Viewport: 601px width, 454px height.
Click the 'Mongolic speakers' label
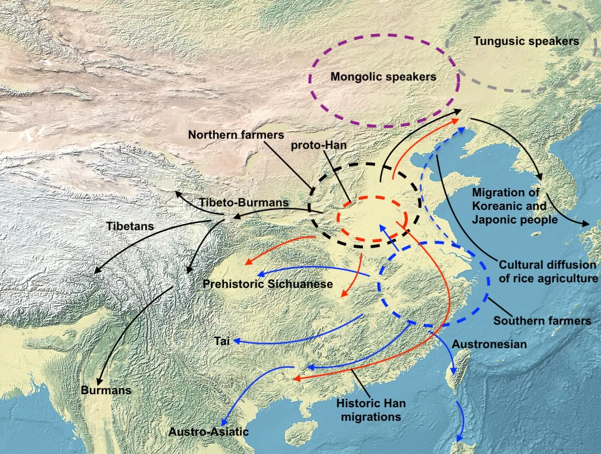pyautogui.click(x=383, y=77)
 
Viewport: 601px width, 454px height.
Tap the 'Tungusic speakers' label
pyautogui.click(x=526, y=41)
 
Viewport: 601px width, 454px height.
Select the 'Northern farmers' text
pyautogui.click(x=236, y=135)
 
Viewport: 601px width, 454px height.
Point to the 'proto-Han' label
pyautogui.click(x=319, y=145)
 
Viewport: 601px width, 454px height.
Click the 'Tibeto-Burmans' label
pyautogui.click(x=244, y=202)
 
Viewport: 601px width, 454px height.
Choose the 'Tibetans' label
pyautogui.click(x=130, y=226)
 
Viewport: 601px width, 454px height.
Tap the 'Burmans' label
pyautogui.click(x=106, y=390)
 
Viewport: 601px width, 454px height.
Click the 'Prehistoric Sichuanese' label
pyautogui.click(x=268, y=284)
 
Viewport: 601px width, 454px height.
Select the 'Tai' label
pyautogui.click(x=222, y=341)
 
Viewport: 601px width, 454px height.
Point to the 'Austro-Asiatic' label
pyautogui.click(x=208, y=432)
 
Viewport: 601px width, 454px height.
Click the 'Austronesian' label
pyautogui.click(x=489, y=344)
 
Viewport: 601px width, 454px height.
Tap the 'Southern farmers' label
pyautogui.click(x=542, y=321)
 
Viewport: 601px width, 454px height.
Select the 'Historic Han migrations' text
pyautogui.click(x=371, y=410)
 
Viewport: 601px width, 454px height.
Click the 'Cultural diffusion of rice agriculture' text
pyautogui.click(x=548, y=272)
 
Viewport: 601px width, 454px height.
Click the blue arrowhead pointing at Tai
pyautogui.click(x=237, y=341)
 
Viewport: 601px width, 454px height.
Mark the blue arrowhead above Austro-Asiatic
pyautogui.click(x=225, y=422)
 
